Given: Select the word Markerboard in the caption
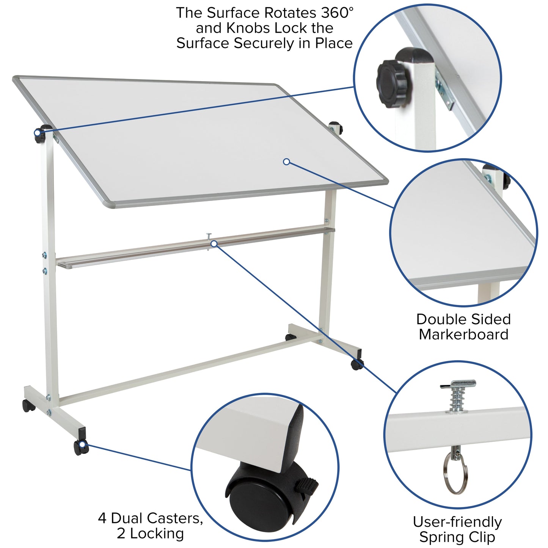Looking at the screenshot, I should (x=463, y=334).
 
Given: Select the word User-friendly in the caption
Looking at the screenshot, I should (x=457, y=522).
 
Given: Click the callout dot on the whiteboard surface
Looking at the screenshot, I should (x=287, y=162).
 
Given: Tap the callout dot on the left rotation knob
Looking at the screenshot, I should (x=37, y=133).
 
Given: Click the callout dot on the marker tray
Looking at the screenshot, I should (x=214, y=244).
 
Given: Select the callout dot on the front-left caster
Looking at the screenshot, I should (x=82, y=444).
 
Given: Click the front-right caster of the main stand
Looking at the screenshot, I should (x=356, y=364).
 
